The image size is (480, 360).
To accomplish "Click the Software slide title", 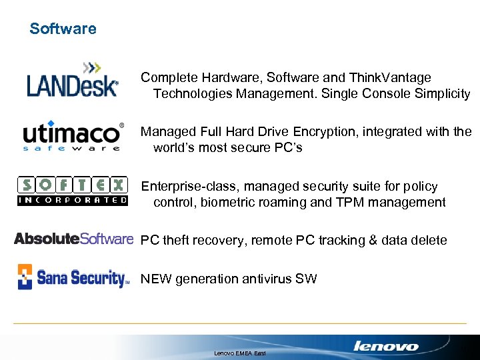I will tap(63, 29).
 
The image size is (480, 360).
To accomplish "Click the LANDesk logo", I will tap(73, 81).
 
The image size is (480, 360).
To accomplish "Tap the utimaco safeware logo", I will tap(73, 136).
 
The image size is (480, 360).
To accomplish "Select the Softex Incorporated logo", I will tap(72, 191).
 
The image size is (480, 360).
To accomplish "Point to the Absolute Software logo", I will tap(73, 239).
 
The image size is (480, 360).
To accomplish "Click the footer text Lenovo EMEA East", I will tap(240, 352).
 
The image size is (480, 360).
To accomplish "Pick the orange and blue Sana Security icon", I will tap(25, 277).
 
